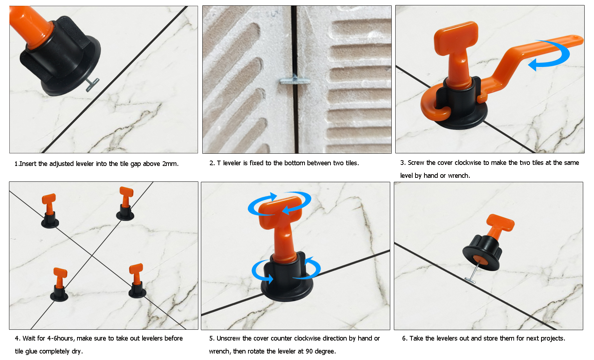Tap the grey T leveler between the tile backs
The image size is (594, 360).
click(x=294, y=80)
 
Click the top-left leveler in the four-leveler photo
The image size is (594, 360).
click(x=50, y=211)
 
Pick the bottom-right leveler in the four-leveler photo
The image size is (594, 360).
click(x=137, y=281)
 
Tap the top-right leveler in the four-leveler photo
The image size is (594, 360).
click(x=125, y=204)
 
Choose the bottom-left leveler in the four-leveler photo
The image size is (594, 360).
click(x=59, y=284)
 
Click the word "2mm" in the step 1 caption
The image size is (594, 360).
click(x=170, y=164)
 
